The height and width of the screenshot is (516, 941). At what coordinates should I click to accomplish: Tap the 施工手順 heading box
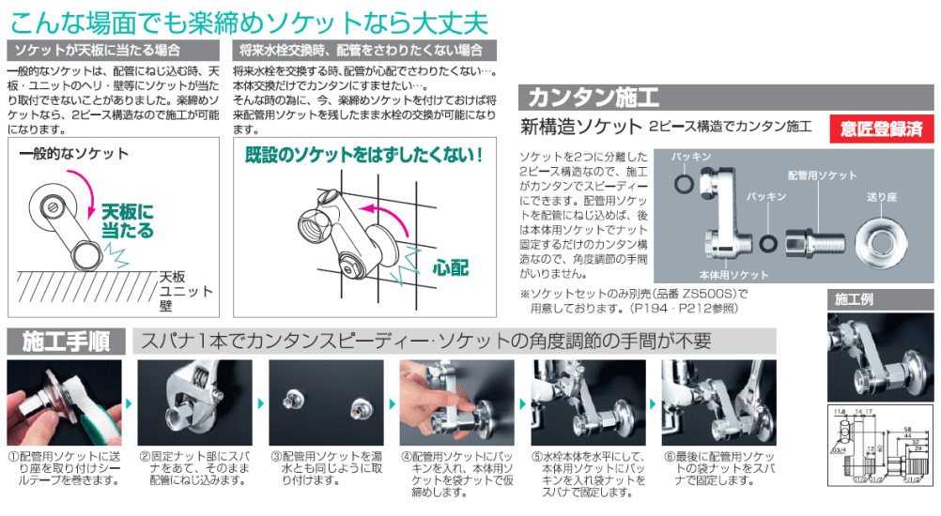65,340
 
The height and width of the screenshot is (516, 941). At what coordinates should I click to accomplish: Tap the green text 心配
451,266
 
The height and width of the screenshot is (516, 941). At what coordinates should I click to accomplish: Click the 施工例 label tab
854,299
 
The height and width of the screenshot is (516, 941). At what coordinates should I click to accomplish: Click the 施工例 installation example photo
879,357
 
